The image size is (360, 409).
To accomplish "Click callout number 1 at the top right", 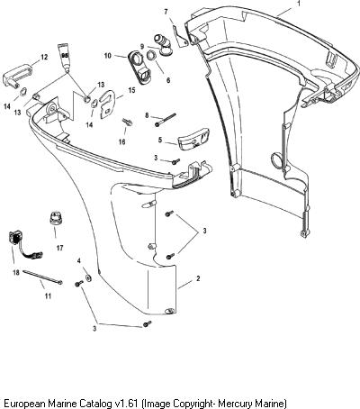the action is click(x=299, y=4).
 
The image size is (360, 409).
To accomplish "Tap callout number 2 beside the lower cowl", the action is click(x=198, y=278).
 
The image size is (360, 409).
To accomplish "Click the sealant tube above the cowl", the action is click(x=65, y=58).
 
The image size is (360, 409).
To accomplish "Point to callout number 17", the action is click(x=59, y=248).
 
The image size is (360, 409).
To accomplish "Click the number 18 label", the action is click(x=16, y=272).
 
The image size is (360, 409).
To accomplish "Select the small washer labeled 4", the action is click(x=88, y=278).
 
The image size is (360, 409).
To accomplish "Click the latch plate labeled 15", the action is click(x=107, y=104).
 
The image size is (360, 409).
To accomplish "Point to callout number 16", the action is click(x=121, y=141).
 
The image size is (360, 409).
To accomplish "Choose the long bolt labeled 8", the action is click(x=166, y=119).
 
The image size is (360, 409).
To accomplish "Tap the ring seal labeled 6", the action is click(x=152, y=56).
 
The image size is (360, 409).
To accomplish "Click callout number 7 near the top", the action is click(x=166, y=12).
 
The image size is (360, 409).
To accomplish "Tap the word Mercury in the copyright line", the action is click(x=233, y=403).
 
